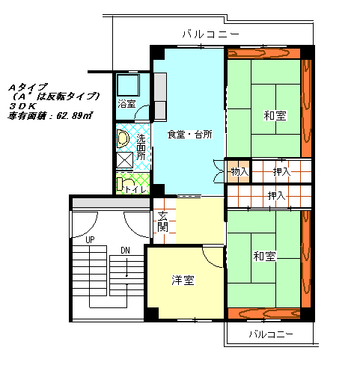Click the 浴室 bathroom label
126,104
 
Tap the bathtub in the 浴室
128,85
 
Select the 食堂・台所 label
189,135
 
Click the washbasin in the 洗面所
123,138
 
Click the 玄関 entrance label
162,221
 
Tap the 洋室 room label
183,280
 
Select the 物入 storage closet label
240,172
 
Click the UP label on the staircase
90,240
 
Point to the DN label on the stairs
125,251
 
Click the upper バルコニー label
211,34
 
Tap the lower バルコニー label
271,334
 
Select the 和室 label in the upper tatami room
275,116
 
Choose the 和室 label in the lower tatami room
264,256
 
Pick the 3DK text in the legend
22,106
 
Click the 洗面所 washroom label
141,147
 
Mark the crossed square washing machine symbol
125,160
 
